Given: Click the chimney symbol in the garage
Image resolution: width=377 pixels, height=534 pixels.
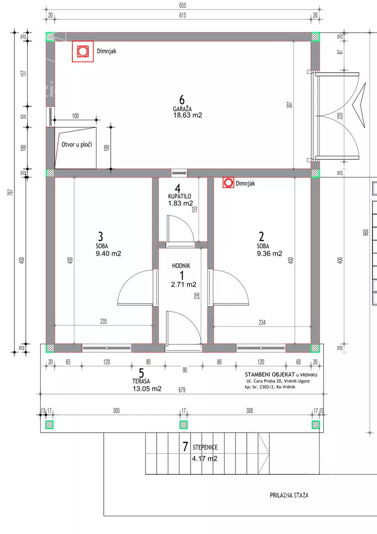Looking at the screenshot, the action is (83, 51).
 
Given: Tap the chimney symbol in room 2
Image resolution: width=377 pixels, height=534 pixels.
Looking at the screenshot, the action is (229, 183).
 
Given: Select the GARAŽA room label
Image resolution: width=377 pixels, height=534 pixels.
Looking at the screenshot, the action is (182, 109).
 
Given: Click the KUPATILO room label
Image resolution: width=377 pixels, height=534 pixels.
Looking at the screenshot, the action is (180, 196).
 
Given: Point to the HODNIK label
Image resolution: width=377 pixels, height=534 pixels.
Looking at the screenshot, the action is (181, 266).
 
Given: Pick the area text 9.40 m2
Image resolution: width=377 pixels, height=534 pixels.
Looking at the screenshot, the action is (108, 253).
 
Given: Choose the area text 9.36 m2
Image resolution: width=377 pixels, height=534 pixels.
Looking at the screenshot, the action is (269, 253).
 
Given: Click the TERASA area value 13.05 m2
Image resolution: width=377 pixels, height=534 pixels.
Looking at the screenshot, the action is (147, 389).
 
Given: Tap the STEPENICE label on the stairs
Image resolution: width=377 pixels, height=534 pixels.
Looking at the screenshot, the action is (205, 447).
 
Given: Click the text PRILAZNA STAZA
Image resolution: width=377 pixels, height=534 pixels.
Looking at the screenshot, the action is (289, 495).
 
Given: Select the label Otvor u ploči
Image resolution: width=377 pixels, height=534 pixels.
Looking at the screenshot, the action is (77, 144).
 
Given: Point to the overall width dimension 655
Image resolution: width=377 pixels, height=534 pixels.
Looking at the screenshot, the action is (183, 5).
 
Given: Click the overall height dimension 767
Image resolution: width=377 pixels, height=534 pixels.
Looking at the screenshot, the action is (10, 192).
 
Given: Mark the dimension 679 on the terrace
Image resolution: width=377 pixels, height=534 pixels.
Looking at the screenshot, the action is (182, 390).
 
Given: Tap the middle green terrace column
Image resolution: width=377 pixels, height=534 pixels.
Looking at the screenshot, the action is (184, 424).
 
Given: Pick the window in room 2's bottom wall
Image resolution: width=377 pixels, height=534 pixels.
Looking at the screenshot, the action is (261, 348).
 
